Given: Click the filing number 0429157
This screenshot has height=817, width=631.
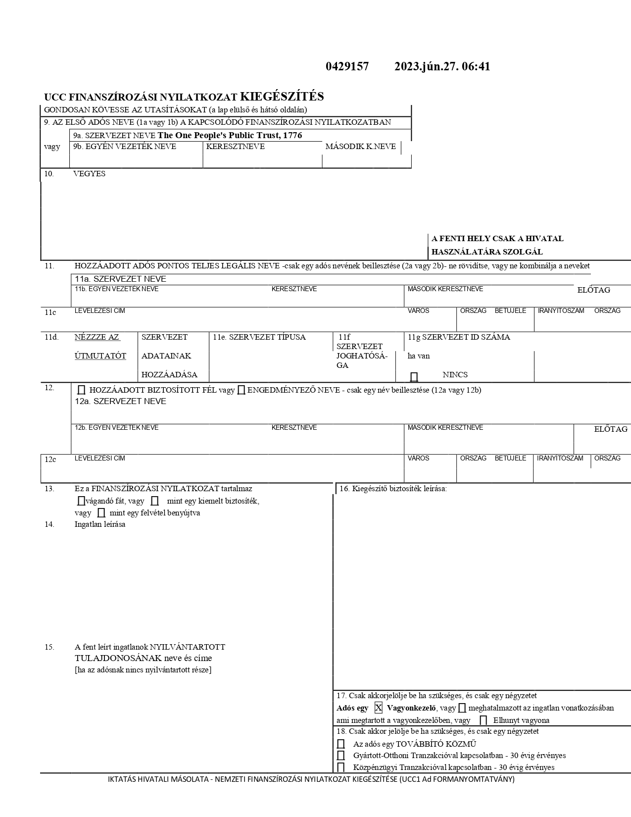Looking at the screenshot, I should pyautogui.click(x=347, y=67).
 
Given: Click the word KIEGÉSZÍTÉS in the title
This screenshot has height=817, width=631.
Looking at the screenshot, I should pyautogui.click(x=282, y=97).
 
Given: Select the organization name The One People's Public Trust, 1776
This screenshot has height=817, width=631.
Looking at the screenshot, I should pyautogui.click(x=230, y=136).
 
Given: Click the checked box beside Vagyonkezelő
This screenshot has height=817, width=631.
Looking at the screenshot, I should pyautogui.click(x=379, y=708).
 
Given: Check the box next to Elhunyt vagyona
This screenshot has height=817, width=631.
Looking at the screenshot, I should pyautogui.click(x=484, y=720).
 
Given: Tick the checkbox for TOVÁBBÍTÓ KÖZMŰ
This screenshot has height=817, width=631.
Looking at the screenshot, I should pyautogui.click(x=341, y=744).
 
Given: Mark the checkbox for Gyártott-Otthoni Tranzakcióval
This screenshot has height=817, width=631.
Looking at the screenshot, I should pyautogui.click(x=341, y=756).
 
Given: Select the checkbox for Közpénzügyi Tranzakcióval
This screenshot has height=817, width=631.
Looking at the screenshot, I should pyautogui.click(x=341, y=767).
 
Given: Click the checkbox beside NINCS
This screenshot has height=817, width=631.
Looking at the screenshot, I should pyautogui.click(x=414, y=376).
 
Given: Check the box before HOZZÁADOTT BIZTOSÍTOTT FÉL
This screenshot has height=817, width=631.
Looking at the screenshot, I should pyautogui.click(x=82, y=390).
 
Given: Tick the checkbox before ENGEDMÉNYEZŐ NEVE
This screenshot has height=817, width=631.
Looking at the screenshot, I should pyautogui.click(x=241, y=390).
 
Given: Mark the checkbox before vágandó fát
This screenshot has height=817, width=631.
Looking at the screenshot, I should pyautogui.click(x=81, y=501).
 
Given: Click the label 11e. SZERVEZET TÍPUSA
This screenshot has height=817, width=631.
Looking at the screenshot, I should pyautogui.click(x=259, y=337).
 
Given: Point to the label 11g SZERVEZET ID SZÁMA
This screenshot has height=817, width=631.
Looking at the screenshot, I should pyautogui.click(x=459, y=337).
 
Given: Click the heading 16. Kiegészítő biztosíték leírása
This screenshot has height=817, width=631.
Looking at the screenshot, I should pyautogui.click(x=393, y=489).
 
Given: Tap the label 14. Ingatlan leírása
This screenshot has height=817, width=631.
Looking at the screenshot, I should pyautogui.click(x=99, y=524).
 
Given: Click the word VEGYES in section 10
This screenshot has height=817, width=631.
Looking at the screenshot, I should pyautogui.click(x=89, y=174).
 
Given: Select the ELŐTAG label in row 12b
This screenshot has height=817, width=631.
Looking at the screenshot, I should pyautogui.click(x=611, y=429).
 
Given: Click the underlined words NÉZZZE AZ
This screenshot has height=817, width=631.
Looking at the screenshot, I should pyautogui.click(x=97, y=337).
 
